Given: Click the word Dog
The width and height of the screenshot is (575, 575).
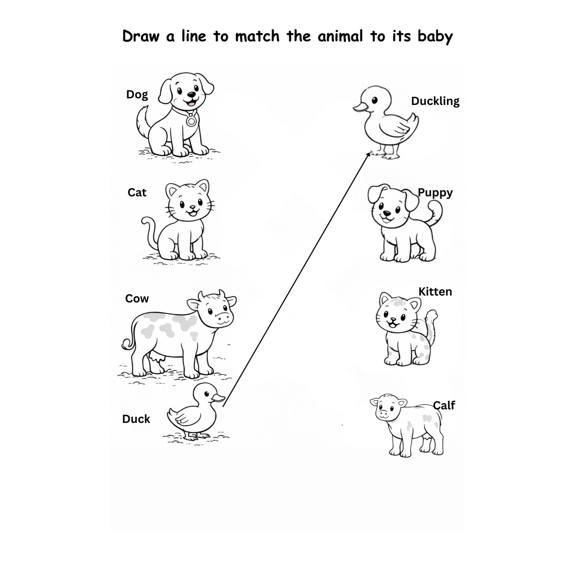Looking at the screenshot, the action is tap(137, 95).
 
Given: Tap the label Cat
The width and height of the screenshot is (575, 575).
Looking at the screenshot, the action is tap(137, 192).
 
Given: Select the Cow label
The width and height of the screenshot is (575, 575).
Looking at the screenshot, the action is tap(137, 299).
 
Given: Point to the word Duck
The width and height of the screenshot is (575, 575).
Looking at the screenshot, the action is tap(136, 419).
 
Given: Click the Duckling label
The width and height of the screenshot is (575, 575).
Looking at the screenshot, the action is tap(435, 101).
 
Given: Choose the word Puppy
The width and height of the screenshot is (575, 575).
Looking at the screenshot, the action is tap(435, 193).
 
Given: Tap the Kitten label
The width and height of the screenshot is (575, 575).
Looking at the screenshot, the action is tap(435, 292).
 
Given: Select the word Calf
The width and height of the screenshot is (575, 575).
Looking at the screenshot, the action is tap(444, 405).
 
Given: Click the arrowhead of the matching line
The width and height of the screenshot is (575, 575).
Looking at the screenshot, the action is tap(369, 154).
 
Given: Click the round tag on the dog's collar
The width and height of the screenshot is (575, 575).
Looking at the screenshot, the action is tap(191, 121).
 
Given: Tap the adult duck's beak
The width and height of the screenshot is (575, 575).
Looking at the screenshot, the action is tap(218, 399).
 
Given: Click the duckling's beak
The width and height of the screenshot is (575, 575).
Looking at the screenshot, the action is tap(360, 108).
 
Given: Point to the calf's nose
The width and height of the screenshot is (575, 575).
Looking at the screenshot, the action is tap(383, 414).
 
